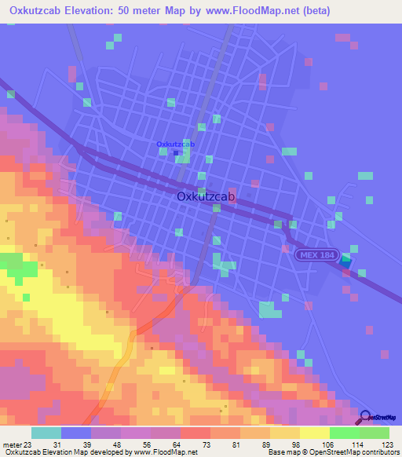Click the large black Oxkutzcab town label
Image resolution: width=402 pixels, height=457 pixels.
(x=206, y=197)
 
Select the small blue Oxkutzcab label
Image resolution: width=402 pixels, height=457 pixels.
(x=175, y=144)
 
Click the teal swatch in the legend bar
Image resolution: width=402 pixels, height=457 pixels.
(x=46, y=433)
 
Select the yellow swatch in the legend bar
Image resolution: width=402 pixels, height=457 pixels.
(x=314, y=433)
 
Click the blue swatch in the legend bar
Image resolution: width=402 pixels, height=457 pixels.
(x=76, y=433)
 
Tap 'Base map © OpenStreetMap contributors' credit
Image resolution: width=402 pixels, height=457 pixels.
(x=333, y=452)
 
